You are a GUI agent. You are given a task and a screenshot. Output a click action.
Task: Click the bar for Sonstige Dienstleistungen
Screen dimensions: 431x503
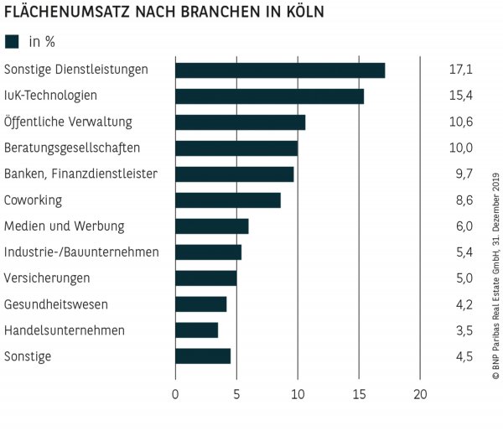coord(280,70)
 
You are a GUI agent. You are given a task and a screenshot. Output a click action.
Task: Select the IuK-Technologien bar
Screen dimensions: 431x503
coord(269,96)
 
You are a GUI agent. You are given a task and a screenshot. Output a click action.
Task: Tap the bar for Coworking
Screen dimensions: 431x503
coord(228,200)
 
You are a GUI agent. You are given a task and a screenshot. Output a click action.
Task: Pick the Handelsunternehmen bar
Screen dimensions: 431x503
coord(196,330)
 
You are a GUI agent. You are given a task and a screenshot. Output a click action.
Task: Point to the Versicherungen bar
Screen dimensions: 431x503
coord(205,278)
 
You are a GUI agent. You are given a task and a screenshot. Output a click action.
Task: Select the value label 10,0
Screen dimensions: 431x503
coord(461,148)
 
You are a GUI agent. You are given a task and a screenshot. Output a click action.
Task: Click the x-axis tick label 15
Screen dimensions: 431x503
coord(359,394)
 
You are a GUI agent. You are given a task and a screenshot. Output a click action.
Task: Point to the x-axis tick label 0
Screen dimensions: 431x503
coord(175,394)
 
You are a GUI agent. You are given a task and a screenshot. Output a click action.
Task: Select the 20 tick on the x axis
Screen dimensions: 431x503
coord(421,394)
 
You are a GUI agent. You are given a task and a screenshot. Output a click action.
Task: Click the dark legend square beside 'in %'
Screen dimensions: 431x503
coord(12,41)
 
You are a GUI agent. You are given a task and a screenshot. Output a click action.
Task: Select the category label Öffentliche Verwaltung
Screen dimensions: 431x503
coord(68,122)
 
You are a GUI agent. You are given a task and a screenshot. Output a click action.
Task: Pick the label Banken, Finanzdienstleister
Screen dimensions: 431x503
coord(80,174)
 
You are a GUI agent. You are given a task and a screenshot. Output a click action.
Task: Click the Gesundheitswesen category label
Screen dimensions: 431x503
coord(56,304)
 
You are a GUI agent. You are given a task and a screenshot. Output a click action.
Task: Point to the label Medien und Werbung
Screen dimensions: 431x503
coord(64,226)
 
